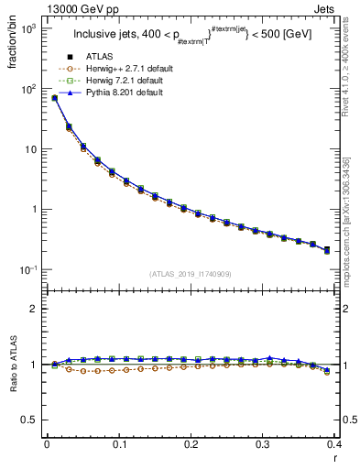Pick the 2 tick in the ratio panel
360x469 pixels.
click(35, 310)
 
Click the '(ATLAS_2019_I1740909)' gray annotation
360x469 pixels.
click(190, 274)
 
